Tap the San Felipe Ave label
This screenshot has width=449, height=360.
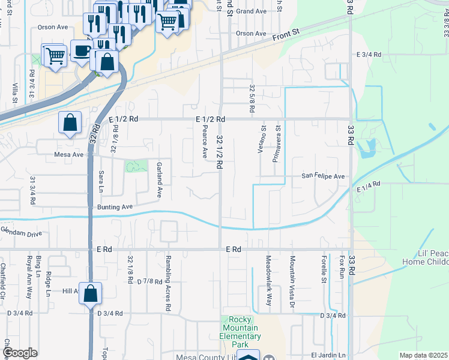pos(323,176)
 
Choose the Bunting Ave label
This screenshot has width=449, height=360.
pos(114,207)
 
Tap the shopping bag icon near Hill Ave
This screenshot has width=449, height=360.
pos(90,295)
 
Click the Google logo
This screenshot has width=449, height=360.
pos(20,353)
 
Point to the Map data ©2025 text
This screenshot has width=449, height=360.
pos(423,355)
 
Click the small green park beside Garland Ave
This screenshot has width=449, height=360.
pos(136,166)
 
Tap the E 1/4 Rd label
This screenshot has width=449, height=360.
pos(369,187)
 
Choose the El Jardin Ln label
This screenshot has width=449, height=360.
pos(328,355)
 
